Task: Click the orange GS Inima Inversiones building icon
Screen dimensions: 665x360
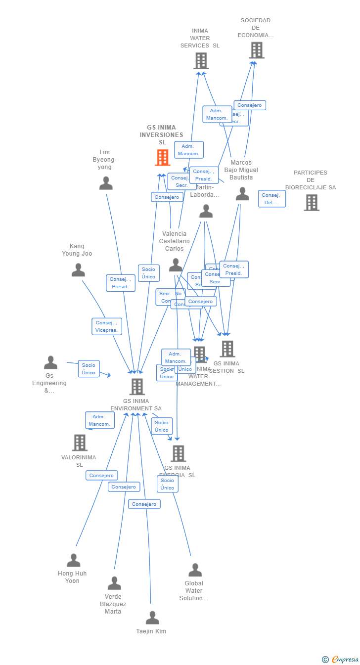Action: [x=162, y=158]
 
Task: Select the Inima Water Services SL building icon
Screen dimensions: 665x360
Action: [x=201, y=61]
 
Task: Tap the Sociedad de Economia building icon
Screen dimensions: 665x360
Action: [x=257, y=50]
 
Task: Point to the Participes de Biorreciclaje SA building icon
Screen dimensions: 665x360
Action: [x=311, y=203]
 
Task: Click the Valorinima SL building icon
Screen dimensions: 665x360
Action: [x=80, y=443]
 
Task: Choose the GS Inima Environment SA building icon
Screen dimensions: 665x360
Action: [x=137, y=387]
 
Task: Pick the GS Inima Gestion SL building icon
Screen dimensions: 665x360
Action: [x=227, y=349]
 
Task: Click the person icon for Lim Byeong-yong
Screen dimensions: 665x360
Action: [x=106, y=183]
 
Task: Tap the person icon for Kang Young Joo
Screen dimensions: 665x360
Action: [x=78, y=270]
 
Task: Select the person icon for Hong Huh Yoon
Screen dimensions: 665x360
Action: [x=74, y=561]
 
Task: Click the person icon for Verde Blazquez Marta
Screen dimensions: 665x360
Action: [x=114, y=583]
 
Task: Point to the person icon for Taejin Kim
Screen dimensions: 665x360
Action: [x=152, y=618]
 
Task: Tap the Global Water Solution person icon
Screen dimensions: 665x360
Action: [x=195, y=571]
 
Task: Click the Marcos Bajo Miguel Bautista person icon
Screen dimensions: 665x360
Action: [x=242, y=194]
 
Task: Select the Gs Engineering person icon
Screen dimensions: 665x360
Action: [x=50, y=363]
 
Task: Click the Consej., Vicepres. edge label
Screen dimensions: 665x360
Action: [x=107, y=326]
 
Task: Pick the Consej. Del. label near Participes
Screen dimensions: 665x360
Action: [x=271, y=199]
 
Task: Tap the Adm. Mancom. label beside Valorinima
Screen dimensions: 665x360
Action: [x=100, y=420]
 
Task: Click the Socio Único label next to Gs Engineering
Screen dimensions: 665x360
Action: [x=89, y=369]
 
